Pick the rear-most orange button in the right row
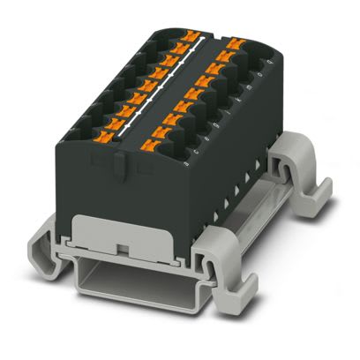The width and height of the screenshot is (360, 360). (x=235, y=42)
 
